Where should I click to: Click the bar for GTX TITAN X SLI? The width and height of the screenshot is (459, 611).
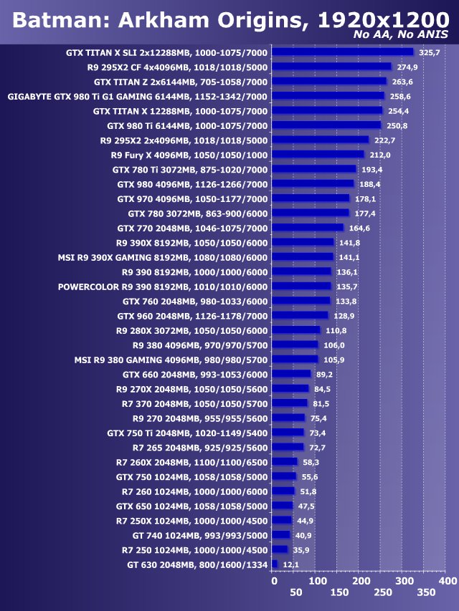[343, 52]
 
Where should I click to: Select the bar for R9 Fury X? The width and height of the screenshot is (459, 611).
[318, 154]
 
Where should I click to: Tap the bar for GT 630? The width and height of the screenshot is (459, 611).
[275, 564]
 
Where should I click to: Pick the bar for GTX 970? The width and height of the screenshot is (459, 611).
[311, 198]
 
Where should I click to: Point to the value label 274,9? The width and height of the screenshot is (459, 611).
[407, 67]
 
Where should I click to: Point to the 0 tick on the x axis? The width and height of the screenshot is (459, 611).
[273, 581]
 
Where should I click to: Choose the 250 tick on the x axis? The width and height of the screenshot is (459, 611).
[382, 593]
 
